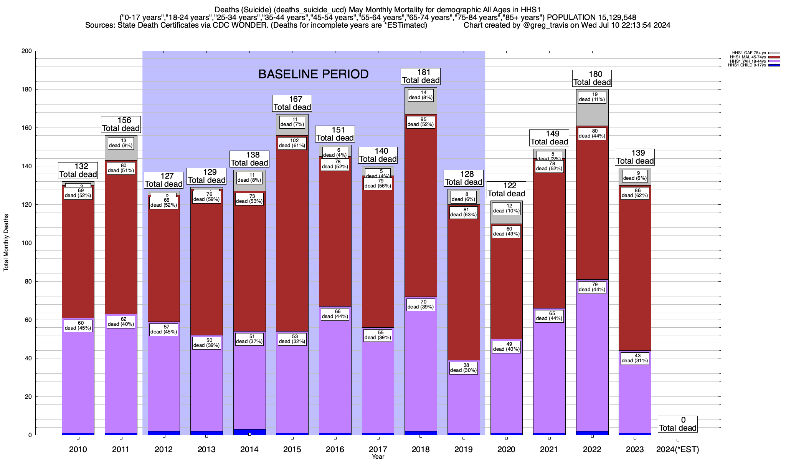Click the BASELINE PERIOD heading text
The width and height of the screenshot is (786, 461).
pyautogui.click(x=313, y=74)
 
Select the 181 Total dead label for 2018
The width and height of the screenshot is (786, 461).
pyautogui.click(x=421, y=76)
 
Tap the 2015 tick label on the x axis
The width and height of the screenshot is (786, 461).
pyautogui.click(x=292, y=449)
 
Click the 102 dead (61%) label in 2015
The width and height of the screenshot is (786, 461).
pyautogui.click(x=292, y=143)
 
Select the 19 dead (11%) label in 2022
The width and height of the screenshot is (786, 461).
pyautogui.click(x=592, y=97)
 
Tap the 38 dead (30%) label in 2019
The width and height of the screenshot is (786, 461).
pyautogui.click(x=464, y=368)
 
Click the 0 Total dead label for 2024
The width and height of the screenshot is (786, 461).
pyautogui.click(x=678, y=424)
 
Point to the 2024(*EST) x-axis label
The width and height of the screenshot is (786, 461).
pyautogui.click(x=678, y=449)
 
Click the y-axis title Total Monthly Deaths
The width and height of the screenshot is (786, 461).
pyautogui.click(x=6, y=243)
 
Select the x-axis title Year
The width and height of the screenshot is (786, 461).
pyautogui.click(x=378, y=457)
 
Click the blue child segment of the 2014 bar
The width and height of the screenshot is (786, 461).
pyautogui.click(x=249, y=432)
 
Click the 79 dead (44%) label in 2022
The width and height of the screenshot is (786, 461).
pyautogui.click(x=592, y=287)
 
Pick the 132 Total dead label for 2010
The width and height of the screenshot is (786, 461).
pyautogui.click(x=78, y=170)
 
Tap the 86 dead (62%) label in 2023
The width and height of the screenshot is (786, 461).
pyautogui.click(x=635, y=193)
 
